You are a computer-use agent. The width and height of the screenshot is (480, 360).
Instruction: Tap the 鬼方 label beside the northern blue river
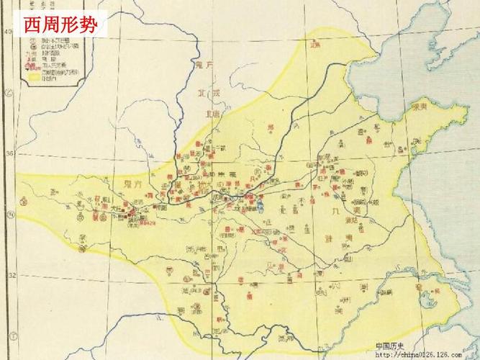tap(206, 66)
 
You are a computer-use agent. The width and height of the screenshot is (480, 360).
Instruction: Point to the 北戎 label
tap(206, 93)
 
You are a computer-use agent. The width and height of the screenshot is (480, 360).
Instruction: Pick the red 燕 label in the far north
tap(314, 45)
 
